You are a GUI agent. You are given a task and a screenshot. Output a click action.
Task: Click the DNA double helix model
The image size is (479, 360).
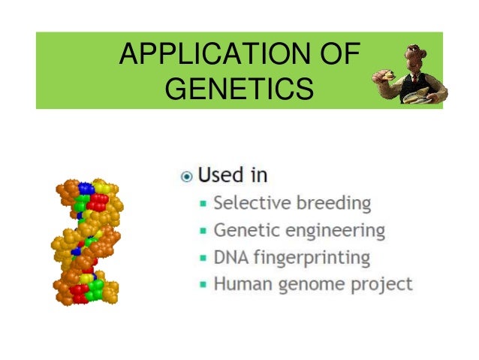tap(87, 241)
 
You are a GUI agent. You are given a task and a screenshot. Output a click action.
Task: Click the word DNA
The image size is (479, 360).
tap(230, 257)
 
